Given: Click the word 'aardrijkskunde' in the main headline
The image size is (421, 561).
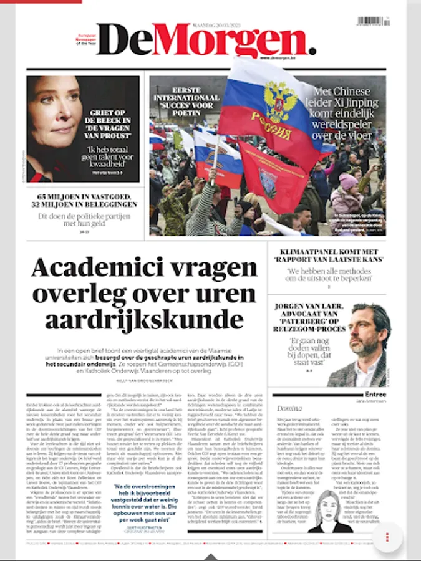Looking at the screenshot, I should [144, 319].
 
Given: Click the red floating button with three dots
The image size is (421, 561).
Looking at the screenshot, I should [387, 537].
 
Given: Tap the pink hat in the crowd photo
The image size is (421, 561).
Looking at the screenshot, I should [348, 181].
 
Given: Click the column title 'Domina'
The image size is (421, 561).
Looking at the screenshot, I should [289, 408].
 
